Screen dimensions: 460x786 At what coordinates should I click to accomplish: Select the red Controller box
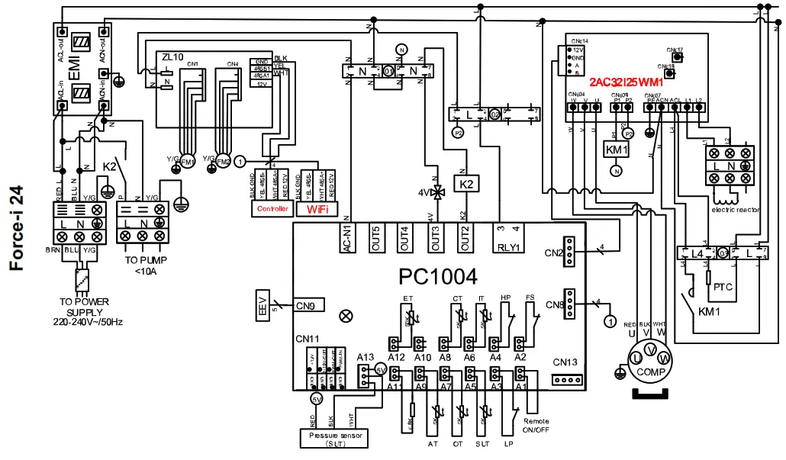[272, 208]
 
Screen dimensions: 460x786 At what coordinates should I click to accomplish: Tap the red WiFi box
[321, 208]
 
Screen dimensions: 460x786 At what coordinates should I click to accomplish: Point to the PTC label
[723, 288]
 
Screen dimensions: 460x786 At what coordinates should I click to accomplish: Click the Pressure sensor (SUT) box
[333, 438]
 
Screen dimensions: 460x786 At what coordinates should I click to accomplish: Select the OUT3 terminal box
[435, 238]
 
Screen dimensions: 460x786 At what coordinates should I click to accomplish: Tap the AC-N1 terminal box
[347, 238]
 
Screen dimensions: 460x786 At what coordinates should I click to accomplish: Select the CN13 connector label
[565, 362]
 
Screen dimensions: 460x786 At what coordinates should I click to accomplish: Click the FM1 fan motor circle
[187, 161]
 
